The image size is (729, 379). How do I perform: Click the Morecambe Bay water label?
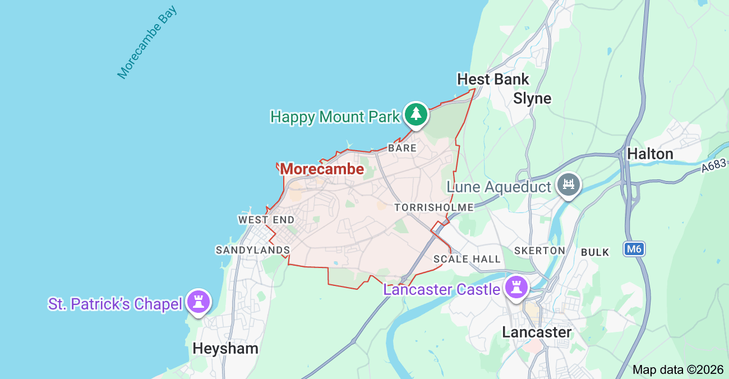pos(147,42)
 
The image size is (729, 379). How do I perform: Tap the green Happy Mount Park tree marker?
pos(416,114)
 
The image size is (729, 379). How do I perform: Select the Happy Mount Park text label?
pos(335,117)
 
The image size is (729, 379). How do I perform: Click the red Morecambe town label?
pos(322,169)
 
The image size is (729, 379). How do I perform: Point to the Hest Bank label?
pos(493,79)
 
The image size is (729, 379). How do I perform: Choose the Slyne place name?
pos(532,99)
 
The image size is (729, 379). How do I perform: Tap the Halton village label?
pos(650,154)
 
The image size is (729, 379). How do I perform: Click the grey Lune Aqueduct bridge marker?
pos(569,184)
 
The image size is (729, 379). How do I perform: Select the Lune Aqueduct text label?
pos(499,187)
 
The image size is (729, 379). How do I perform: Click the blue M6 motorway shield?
pos(634,249)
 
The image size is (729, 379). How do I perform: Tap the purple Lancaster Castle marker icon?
pos(515,287)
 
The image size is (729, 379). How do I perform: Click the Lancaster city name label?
pos(537,332)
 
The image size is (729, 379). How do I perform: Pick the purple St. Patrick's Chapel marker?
pos(198,301)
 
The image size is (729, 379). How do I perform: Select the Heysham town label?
pos(225,348)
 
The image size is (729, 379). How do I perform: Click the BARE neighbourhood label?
pos(402,148)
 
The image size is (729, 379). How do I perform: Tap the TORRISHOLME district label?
pos(433,207)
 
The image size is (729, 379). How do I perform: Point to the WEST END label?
pos(266,220)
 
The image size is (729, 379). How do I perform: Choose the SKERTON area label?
pos(539,251)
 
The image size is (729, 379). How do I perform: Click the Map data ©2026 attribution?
pos(678,369)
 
